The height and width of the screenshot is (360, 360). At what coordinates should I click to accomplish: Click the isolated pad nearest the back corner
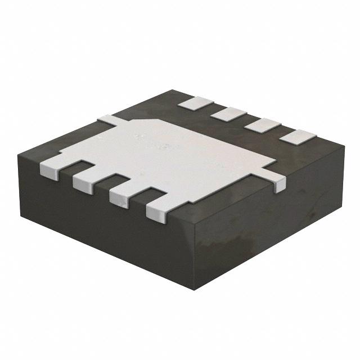tap(195, 102)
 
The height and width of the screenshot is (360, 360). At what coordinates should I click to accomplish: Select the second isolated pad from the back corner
tap(229, 114)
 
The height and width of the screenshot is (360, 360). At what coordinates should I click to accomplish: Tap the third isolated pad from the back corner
tap(263, 125)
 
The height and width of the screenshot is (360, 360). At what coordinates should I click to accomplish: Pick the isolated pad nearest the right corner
tap(299, 136)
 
